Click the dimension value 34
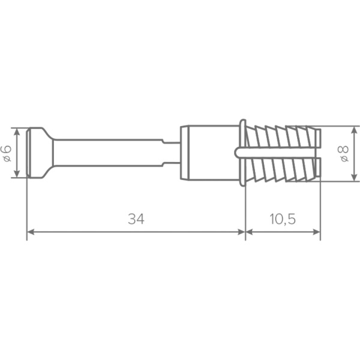click(136, 219)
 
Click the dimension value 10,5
click(283, 219)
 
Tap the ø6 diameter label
click(7, 154)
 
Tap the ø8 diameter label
click(344, 154)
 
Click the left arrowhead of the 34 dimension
click(31, 232)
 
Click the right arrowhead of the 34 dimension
click(242, 232)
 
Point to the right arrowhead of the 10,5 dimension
click(316, 232)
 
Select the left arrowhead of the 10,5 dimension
click(250, 232)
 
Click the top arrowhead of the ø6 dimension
click(17, 131)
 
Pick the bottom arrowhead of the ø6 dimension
click(17, 173)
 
